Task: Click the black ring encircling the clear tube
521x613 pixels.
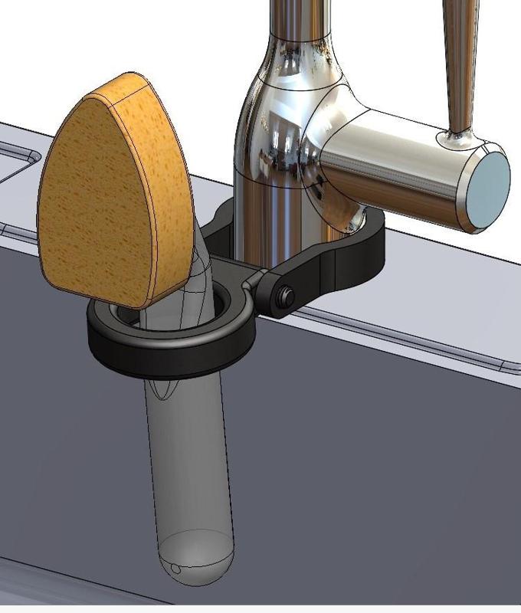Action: click(169, 349)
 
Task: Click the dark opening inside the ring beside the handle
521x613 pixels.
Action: click(222, 303)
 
